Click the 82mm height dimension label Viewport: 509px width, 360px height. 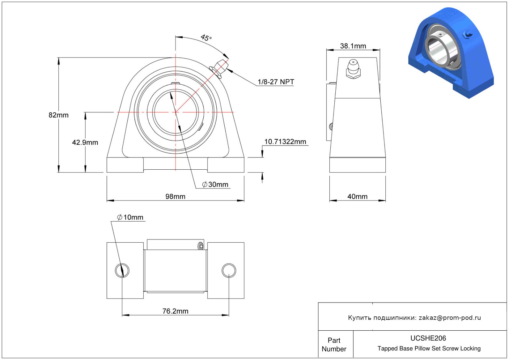pos(58,115)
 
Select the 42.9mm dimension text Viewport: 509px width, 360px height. pos(85,142)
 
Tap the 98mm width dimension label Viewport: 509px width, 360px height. pos(175,196)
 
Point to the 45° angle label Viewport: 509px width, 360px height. pos(206,38)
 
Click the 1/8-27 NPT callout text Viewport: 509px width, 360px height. pos(276,82)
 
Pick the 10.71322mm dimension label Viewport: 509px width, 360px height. pos(285,142)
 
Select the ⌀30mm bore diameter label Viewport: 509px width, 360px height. pos(215,184)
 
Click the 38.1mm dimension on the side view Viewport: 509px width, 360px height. pos(353,46)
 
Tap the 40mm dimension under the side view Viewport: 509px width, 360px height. pos(357,196)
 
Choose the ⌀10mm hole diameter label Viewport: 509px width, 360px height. pos(130,217)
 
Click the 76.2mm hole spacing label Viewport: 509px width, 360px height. pos(175,311)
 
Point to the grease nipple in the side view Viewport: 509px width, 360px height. pos(353,69)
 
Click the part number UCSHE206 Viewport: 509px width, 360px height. pos(428,338)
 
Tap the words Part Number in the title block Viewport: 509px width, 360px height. pos(334,345)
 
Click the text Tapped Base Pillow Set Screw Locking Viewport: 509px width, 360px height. pos(429,348)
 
